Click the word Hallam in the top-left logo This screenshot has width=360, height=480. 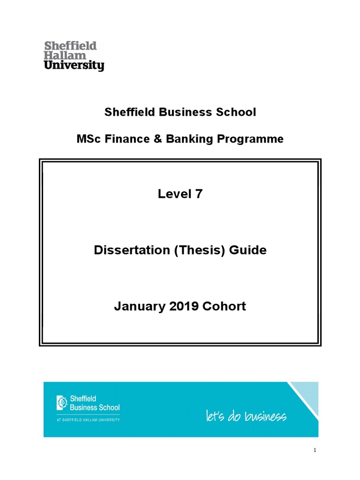(59, 55)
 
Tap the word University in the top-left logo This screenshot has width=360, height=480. (74, 66)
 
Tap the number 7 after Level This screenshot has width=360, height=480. (199, 194)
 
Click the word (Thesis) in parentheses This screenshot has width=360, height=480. (200, 250)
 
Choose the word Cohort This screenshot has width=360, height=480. (224, 307)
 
